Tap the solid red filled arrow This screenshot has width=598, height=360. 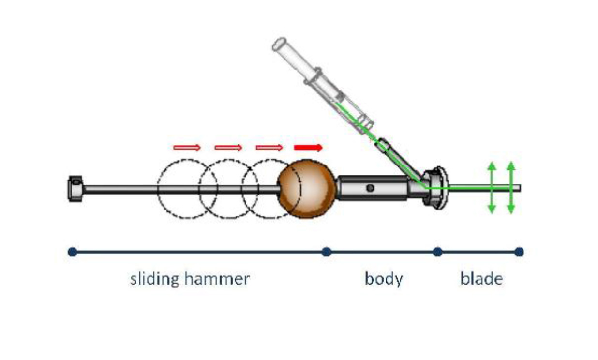click(308, 148)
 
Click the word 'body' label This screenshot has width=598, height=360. click(384, 279)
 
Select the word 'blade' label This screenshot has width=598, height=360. click(481, 279)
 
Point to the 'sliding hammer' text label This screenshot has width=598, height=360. click(190, 279)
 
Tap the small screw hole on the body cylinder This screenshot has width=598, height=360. click(370, 188)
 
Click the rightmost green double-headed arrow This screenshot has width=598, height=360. click(511, 188)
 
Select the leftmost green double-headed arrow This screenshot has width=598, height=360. click(492, 188)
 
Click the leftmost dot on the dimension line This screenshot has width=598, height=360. click(72, 252)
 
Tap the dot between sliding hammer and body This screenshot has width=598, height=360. click(327, 252)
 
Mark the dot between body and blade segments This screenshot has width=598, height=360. click(437, 252)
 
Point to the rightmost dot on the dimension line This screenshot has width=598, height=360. click(519, 252)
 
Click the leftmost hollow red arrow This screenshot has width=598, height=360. click(187, 148)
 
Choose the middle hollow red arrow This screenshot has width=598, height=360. click(228, 148)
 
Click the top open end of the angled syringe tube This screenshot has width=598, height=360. click(279, 44)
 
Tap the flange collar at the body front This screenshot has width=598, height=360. click(434, 188)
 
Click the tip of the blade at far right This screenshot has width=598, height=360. click(520, 188)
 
